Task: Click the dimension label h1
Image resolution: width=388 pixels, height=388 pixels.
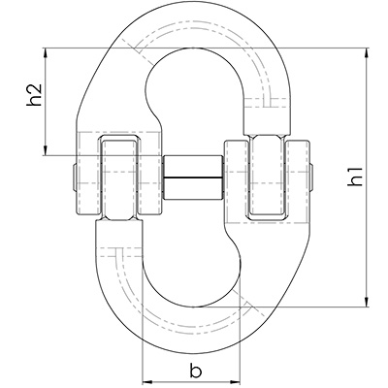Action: pyautogui.click(x=355, y=178)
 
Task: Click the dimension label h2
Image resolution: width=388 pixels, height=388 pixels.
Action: pyautogui.click(x=34, y=95)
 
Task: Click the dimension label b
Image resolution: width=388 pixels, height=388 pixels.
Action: pyautogui.click(x=195, y=371)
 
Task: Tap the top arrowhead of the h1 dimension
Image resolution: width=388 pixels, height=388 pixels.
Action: pyautogui.click(x=367, y=53)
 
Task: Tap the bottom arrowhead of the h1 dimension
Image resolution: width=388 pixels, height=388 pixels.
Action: pyautogui.click(x=367, y=301)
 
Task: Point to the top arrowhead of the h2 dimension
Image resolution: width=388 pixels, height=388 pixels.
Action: pyautogui.click(x=46, y=53)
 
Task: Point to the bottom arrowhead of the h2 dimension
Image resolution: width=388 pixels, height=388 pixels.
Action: pyautogui.click(x=46, y=150)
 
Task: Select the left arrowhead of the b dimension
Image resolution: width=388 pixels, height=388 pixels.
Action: pyautogui.click(x=148, y=381)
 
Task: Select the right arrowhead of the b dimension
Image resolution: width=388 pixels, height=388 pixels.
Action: pyautogui.click(x=234, y=381)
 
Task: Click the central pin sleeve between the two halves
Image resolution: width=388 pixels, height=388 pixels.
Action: pyautogui.click(x=193, y=178)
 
